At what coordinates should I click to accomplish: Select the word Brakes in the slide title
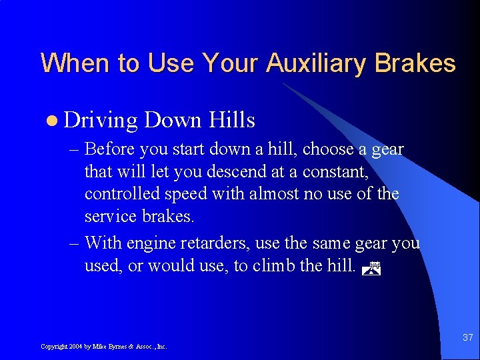415,63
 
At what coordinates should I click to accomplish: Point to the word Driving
101,121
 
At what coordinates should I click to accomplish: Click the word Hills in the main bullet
232,120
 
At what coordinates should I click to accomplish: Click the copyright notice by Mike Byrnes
103,347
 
